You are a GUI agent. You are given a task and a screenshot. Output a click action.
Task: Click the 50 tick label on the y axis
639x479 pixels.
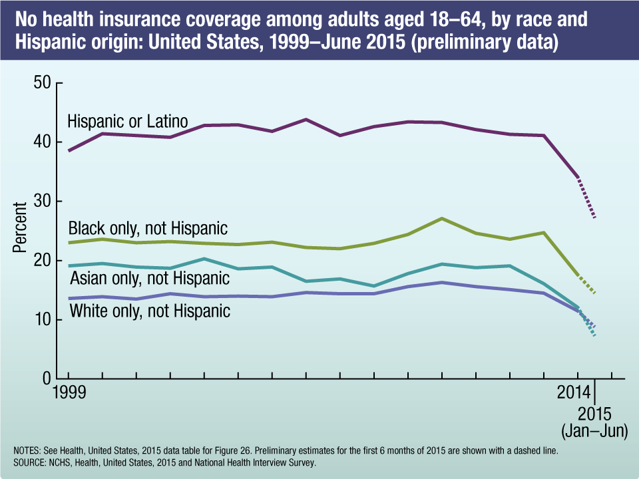pos(41,83)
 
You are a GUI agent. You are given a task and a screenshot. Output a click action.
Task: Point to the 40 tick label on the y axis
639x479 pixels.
pos(41,142)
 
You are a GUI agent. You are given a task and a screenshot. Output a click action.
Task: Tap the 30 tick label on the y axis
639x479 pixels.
pos(41,202)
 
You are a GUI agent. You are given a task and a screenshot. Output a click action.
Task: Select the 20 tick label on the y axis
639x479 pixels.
pos(41,261)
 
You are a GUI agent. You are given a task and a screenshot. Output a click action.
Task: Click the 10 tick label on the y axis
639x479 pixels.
pos(41,320)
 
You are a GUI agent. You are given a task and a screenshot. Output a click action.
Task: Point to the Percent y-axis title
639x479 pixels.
pos(20,228)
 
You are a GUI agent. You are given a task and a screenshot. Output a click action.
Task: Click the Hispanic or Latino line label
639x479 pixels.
pos(128,122)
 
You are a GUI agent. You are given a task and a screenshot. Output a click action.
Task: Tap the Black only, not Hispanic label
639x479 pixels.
pos(148,229)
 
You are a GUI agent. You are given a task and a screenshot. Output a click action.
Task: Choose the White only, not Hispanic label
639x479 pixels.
pos(150,311)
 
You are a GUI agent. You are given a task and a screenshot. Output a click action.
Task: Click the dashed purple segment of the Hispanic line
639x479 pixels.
pos(586,198)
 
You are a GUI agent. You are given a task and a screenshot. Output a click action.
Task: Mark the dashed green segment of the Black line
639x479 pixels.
pos(586,284)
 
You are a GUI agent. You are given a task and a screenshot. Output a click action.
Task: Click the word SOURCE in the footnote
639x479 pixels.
pos(30,460)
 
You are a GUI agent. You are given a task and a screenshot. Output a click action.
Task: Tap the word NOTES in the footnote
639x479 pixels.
pos(27,450)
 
